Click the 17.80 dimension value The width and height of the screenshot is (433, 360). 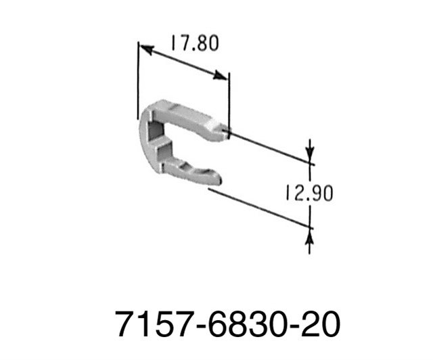193,44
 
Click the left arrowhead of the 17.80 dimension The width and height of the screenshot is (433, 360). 145,49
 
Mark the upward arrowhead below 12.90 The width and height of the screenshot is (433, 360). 310,234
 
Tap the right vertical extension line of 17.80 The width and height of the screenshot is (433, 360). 228,102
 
